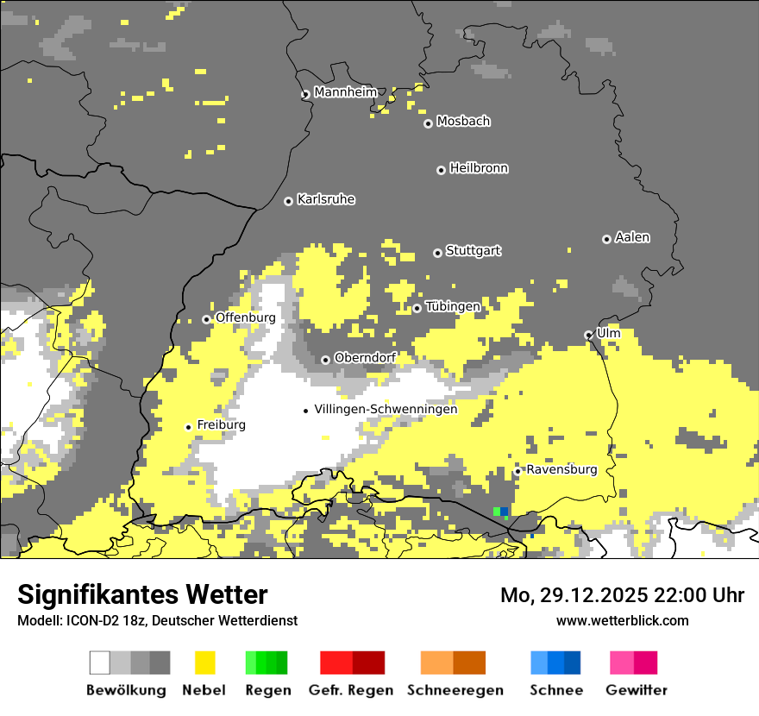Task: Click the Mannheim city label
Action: (346, 92)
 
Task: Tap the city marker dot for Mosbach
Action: (428, 123)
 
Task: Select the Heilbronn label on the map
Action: (479, 168)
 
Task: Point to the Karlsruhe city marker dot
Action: (289, 201)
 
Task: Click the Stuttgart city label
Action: (474, 251)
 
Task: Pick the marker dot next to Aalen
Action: (606, 239)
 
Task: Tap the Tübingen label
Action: (453, 306)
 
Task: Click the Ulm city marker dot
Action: (588, 335)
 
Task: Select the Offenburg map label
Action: (246, 317)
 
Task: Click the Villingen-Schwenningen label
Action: (386, 409)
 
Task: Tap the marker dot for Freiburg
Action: (188, 427)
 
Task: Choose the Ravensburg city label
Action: (561, 469)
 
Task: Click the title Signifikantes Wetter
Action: (142, 594)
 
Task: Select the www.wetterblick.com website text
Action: (622, 620)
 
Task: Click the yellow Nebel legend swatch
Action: (205, 663)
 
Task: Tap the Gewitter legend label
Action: (637, 690)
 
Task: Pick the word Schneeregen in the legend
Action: (455, 690)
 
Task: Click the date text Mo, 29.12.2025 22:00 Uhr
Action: (622, 595)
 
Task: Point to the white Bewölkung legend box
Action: (100, 663)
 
